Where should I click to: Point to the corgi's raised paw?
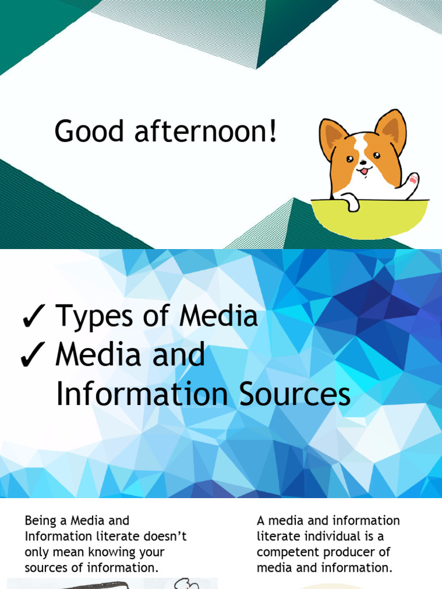point(411,182)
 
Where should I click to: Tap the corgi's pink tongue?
point(364,171)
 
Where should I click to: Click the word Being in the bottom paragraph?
point(41,521)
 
